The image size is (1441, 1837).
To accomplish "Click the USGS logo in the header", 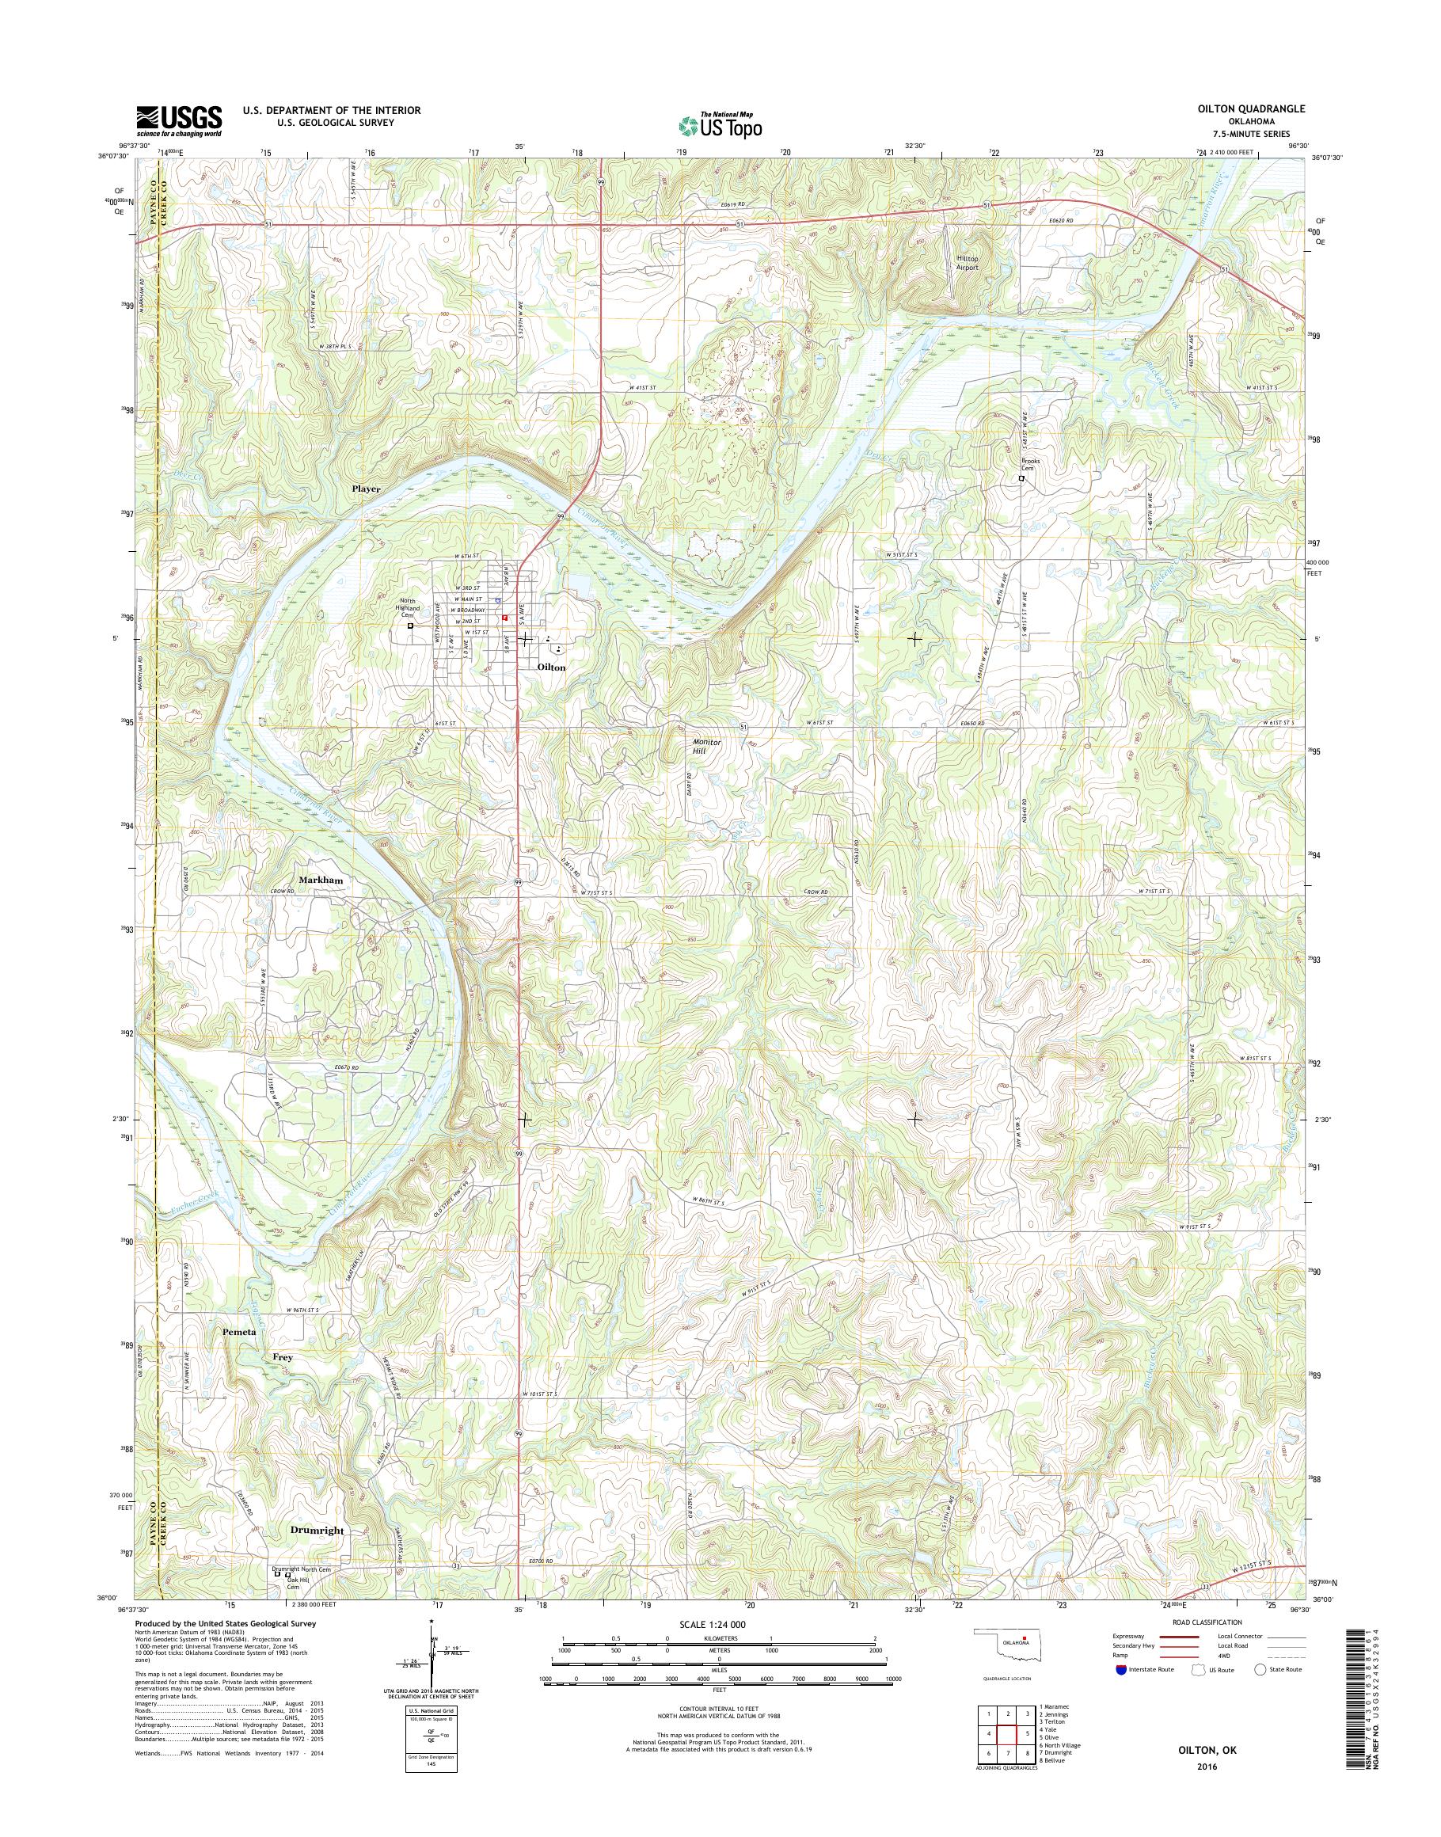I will [179, 120].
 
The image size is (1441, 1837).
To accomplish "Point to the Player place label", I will [367, 489].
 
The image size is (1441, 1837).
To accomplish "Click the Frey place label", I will [282, 1382].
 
